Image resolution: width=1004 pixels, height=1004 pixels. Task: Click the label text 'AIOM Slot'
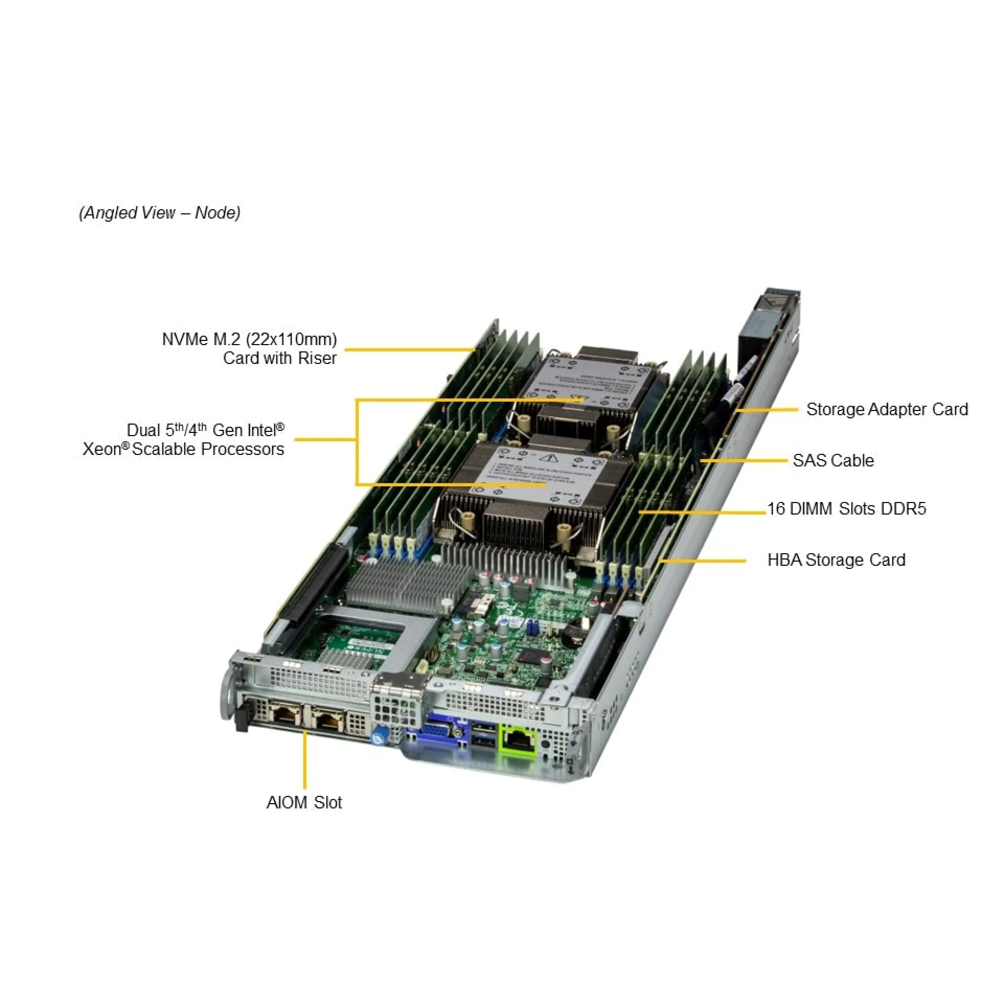304,802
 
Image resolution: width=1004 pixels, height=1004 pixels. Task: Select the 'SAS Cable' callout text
833,460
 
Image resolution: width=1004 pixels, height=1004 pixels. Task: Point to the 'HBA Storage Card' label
836,560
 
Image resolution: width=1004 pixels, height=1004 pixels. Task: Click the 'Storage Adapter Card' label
887,409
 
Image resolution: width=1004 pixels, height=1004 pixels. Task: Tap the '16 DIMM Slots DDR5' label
846,508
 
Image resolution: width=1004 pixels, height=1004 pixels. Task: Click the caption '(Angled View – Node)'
159,212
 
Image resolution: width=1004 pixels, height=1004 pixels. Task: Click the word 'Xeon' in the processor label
102,449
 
